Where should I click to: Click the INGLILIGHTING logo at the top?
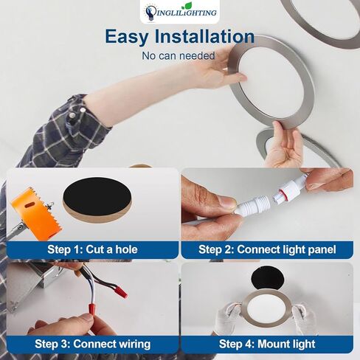(180, 11)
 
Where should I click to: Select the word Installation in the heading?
(209, 37)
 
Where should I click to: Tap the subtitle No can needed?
(179, 55)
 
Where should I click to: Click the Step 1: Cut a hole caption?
(92, 249)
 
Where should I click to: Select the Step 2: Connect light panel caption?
(267, 249)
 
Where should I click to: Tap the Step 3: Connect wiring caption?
(92, 344)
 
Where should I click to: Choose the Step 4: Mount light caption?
(267, 344)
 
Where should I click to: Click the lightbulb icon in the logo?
(151, 11)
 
